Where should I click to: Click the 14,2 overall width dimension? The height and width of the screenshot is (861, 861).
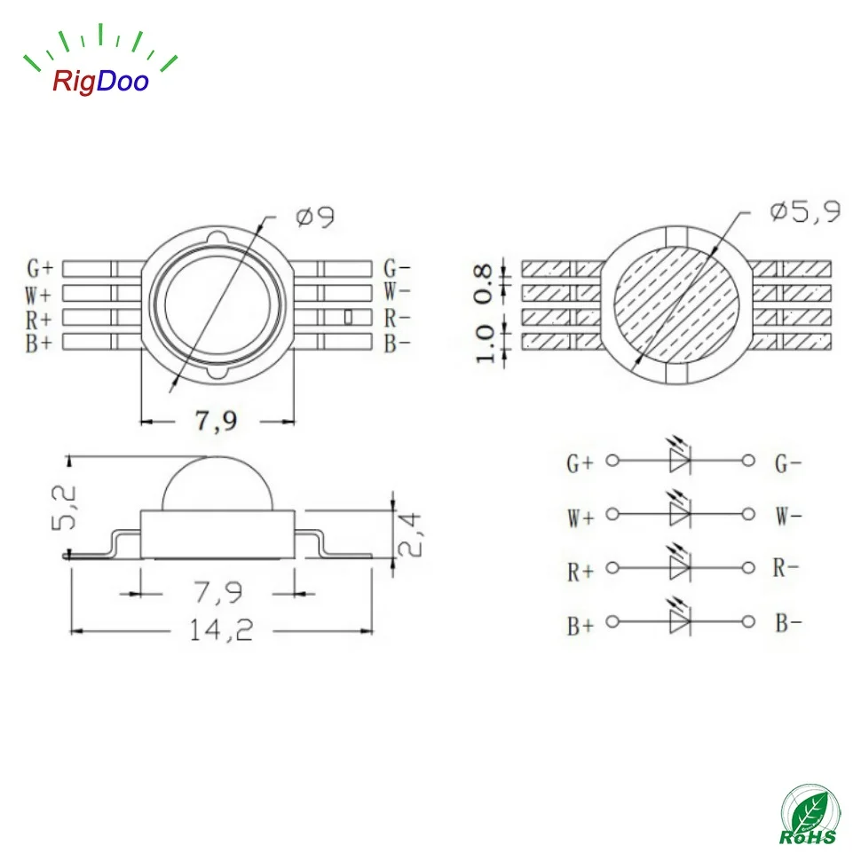tap(221, 629)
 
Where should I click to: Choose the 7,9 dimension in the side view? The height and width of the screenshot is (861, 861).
tap(217, 588)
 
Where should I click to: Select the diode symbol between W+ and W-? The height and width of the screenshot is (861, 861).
tap(680, 514)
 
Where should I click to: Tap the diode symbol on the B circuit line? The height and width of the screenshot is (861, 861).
tap(680, 621)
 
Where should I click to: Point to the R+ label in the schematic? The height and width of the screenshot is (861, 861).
tap(580, 572)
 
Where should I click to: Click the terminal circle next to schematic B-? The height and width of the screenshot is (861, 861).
tap(748, 622)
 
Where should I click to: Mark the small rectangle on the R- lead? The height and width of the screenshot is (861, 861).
tap(348, 315)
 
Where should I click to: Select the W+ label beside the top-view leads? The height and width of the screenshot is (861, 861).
tap(39, 291)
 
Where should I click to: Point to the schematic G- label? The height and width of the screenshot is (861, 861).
tap(788, 462)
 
